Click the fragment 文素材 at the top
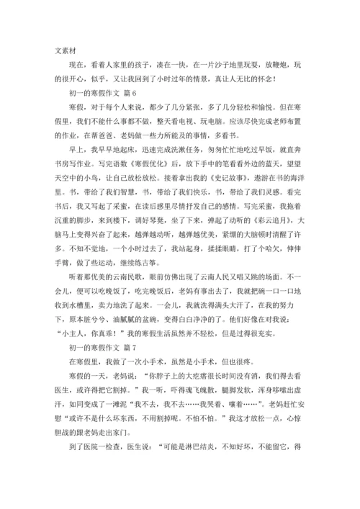(70, 51)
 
